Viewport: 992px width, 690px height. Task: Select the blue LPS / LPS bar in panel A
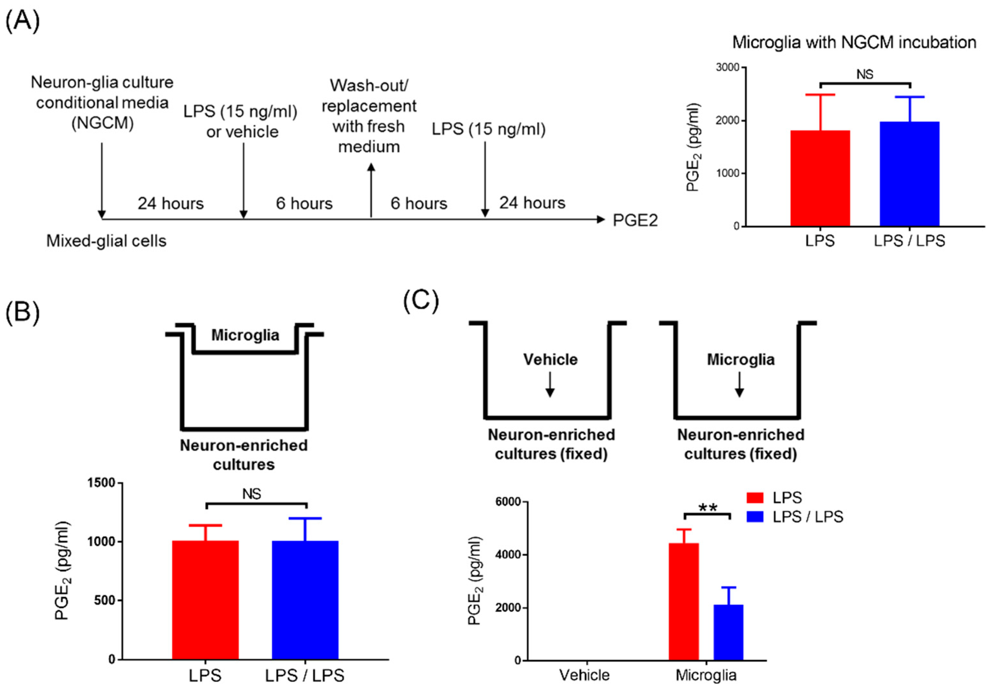pyautogui.click(x=909, y=174)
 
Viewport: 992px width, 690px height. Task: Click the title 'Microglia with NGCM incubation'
pyautogui.click(x=854, y=42)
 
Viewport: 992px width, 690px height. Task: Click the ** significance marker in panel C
pyautogui.click(x=707, y=508)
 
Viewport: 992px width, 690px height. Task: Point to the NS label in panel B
pyautogui.click(x=252, y=494)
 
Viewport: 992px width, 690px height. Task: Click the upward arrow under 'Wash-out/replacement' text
pyautogui.click(x=371, y=190)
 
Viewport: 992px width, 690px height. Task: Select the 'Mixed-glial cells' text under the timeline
pyautogui.click(x=106, y=241)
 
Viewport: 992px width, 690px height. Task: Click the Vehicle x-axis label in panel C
pyautogui.click(x=584, y=675)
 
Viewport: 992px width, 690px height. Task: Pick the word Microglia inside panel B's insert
pyautogui.click(x=245, y=335)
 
